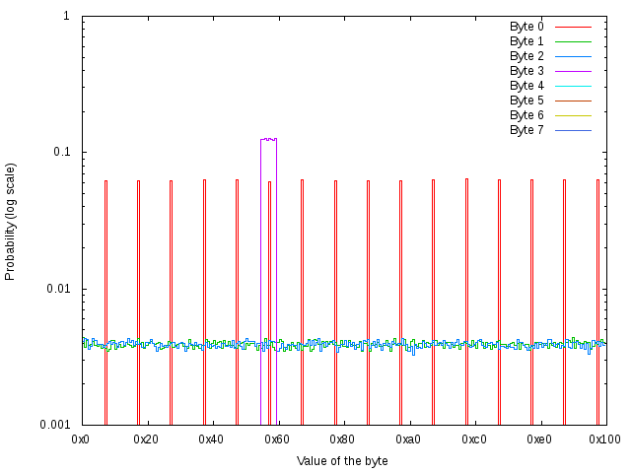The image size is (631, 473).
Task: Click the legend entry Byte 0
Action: (x=526, y=26)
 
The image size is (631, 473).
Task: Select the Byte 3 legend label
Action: (x=526, y=70)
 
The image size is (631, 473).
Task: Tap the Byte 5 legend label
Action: (x=526, y=100)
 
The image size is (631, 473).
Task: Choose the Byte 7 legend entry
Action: (x=526, y=129)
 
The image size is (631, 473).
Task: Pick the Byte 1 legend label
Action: (x=526, y=40)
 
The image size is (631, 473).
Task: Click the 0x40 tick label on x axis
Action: (x=212, y=438)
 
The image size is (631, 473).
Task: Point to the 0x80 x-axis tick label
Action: (x=343, y=438)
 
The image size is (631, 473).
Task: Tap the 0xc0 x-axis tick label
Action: (x=474, y=438)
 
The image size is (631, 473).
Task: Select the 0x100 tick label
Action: (x=604, y=438)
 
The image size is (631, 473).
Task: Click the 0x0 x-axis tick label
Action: (x=82, y=438)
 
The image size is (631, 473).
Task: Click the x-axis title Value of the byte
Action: (x=342, y=460)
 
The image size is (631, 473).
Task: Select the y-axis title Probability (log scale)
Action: (x=11, y=221)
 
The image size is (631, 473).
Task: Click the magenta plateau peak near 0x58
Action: (x=268, y=139)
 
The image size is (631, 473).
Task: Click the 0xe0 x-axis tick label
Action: (x=539, y=438)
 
